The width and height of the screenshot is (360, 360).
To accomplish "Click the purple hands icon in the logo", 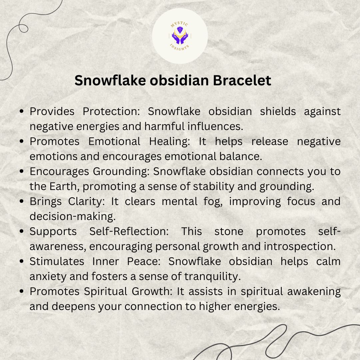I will [180, 36].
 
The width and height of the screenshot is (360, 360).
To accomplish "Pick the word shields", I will [278, 111].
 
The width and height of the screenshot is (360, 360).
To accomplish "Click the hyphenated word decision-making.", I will [72, 216].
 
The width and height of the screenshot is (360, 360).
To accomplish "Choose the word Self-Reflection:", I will [129, 231].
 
